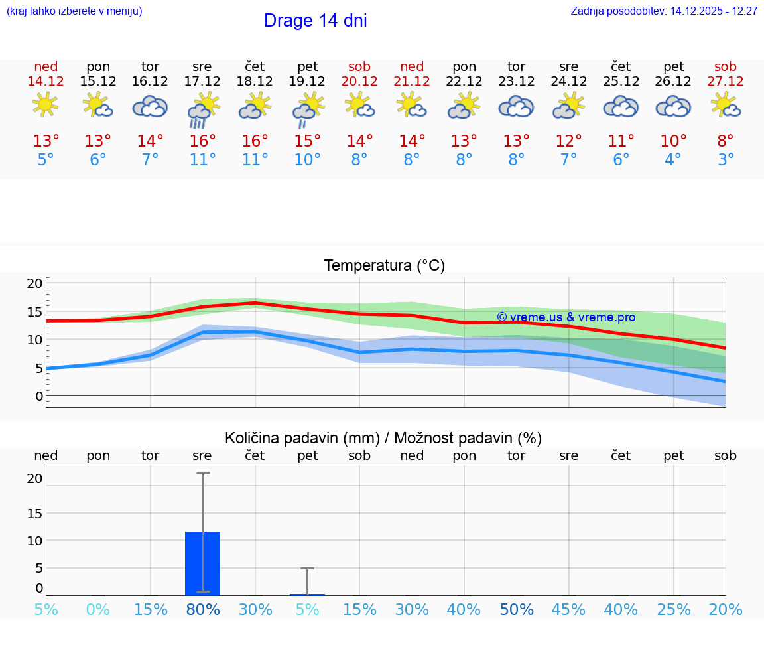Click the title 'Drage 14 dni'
pos(315,21)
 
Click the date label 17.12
pos(202,81)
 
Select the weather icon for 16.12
pos(150,106)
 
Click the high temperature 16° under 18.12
pos(255,141)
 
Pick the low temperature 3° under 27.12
pos(726,160)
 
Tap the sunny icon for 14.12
pos(45,105)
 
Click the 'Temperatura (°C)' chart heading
pos(384,266)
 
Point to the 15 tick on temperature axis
pos(35,312)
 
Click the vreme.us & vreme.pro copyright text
pos(566,317)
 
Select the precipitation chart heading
pos(383,438)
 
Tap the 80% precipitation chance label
pos(202,610)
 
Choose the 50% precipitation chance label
pos(517,610)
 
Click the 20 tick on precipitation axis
pos(35,478)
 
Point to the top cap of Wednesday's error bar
pos(202,473)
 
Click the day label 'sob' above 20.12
pos(359,67)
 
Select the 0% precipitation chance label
pos(97,610)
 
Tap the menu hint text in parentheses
pos(74,11)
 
